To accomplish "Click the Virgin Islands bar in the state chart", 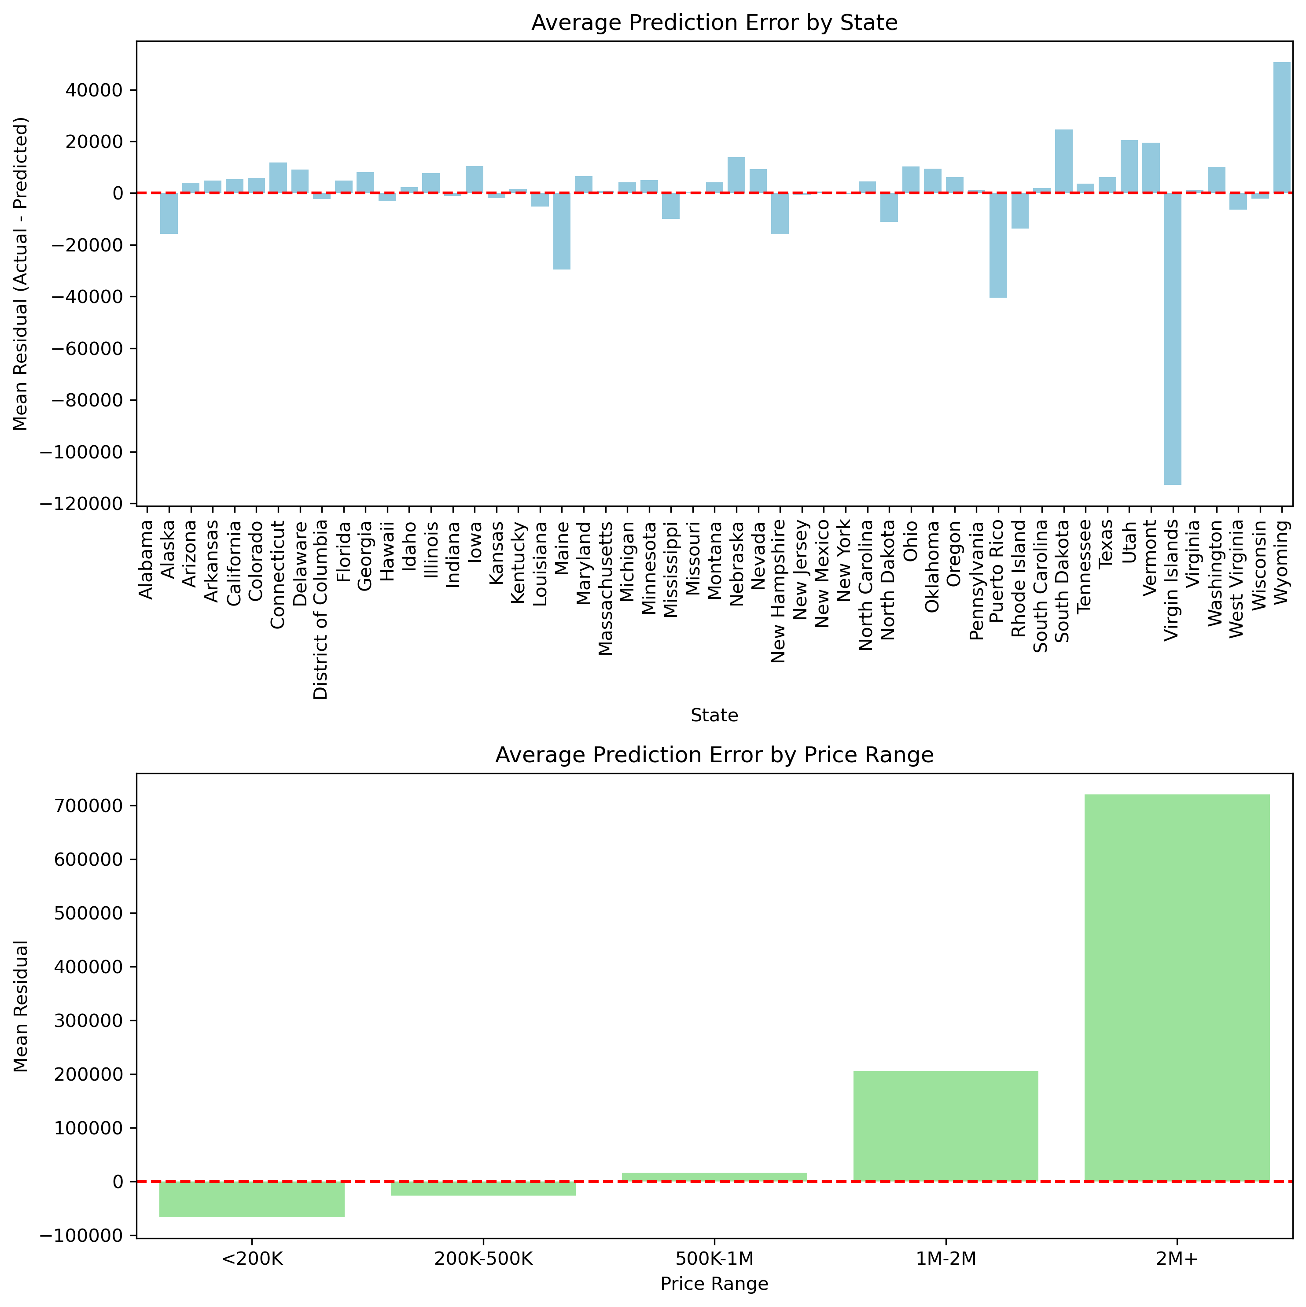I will tap(1172, 338).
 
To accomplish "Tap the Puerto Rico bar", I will tap(997, 245).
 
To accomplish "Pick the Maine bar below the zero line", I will tap(561, 231).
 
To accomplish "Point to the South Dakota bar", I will tap(1063, 161).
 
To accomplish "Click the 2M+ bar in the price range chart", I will tap(1177, 988).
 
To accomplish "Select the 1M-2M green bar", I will tap(945, 1126).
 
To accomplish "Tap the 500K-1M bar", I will tap(714, 1177).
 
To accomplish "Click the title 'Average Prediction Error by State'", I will tap(714, 23).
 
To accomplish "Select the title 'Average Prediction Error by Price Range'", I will tap(714, 755).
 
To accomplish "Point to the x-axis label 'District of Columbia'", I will tap(320, 609).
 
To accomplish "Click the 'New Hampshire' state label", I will tap(779, 591).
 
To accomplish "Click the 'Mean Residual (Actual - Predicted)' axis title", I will tap(21, 273).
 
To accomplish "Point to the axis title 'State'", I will tap(714, 716).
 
